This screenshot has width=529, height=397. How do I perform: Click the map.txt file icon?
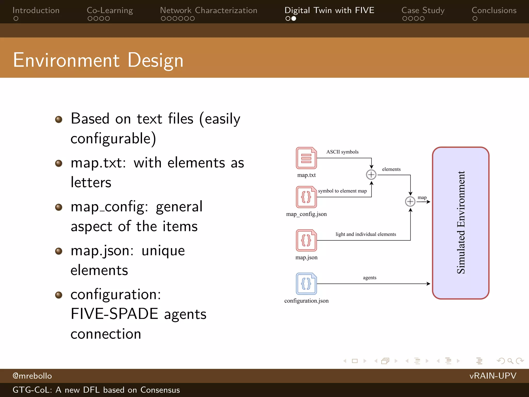point(306,158)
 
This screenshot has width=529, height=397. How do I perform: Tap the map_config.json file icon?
point(306,197)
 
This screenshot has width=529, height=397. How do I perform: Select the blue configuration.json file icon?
point(306,284)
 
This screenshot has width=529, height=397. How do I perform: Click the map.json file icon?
point(306,240)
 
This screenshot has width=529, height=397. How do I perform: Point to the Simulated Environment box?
point(461,223)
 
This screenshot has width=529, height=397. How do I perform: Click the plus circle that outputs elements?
point(371,175)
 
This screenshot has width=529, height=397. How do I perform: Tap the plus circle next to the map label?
point(410,202)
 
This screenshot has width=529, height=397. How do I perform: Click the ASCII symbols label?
point(342,152)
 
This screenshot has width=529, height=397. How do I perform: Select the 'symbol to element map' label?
point(342,191)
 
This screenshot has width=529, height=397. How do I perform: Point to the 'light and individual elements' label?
point(365,234)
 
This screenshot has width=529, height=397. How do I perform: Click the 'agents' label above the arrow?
point(370,278)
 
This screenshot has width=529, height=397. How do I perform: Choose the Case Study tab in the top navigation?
point(423,11)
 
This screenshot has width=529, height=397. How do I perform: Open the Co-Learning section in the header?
point(110,11)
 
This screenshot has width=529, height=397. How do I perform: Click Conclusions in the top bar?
point(494,11)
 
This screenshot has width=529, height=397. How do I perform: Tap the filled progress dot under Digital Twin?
point(294,19)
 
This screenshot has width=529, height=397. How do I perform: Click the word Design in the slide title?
point(155,60)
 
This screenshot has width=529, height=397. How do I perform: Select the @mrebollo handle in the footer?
point(32,376)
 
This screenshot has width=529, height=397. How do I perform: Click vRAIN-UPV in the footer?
point(493,376)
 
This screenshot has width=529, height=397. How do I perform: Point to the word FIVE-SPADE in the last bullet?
point(114,314)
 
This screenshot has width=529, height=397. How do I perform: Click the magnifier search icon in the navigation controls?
point(510,361)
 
